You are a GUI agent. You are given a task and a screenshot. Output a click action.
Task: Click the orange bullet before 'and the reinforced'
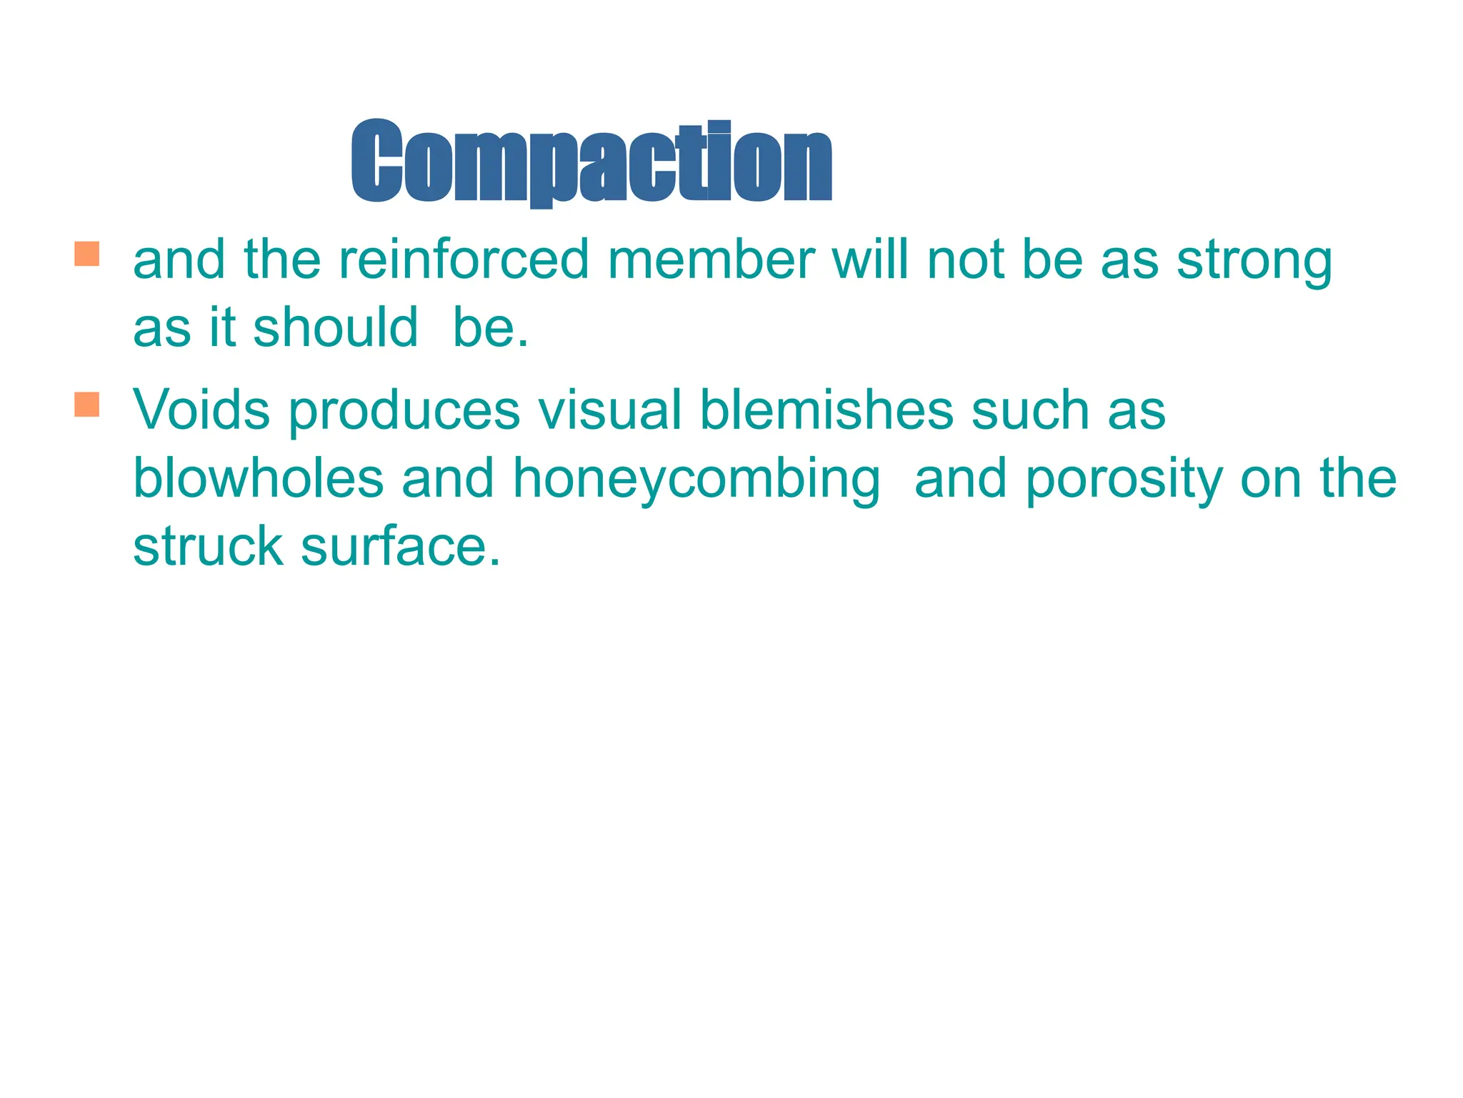(86, 254)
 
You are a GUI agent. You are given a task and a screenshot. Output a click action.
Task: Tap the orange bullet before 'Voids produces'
(86, 404)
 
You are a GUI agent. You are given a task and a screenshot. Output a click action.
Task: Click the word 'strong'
(1254, 261)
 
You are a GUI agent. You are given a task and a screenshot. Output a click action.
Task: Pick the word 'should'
(335, 327)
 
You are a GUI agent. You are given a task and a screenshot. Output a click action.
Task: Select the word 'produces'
(404, 411)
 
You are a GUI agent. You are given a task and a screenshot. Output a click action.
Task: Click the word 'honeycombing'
(696, 479)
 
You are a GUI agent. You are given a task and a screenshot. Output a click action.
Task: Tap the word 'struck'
(208, 546)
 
